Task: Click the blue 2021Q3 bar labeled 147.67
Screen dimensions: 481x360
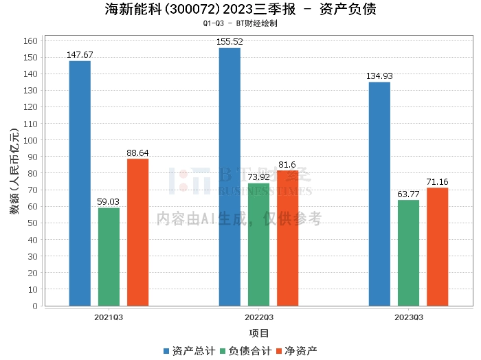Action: [80, 183]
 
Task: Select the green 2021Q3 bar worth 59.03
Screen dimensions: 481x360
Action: [109, 257]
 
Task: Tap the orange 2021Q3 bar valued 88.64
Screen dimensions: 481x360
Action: [137, 232]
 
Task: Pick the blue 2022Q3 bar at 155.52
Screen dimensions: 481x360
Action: [230, 177]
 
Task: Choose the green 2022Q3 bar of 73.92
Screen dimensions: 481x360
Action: [258, 245]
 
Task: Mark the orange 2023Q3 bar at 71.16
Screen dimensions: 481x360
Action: [438, 247]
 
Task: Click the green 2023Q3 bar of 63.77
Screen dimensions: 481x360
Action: [409, 253]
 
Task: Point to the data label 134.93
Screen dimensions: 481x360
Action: [379, 76]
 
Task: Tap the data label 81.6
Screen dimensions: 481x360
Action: [287, 165]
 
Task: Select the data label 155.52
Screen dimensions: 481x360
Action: [230, 42]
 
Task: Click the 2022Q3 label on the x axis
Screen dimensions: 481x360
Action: [258, 317]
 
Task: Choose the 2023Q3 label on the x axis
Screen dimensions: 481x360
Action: [409, 317]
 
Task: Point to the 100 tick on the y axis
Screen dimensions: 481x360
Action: [30, 140]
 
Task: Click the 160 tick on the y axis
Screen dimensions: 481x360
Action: [30, 41]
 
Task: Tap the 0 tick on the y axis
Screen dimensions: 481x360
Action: [35, 306]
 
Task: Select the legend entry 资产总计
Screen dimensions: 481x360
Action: [189, 351]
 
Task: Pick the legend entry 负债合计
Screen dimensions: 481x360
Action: [246, 351]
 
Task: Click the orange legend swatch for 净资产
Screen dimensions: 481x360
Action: [279, 351]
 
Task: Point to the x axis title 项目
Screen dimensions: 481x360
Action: [258, 333]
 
